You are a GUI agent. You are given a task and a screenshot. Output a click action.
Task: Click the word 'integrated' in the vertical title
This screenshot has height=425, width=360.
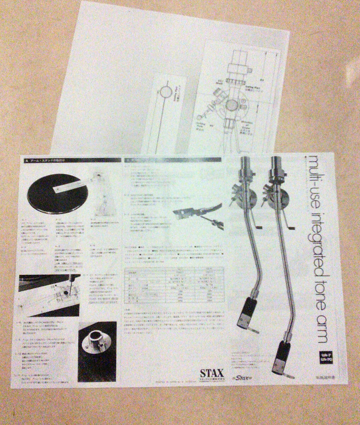pyautogui.click(x=314, y=230)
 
